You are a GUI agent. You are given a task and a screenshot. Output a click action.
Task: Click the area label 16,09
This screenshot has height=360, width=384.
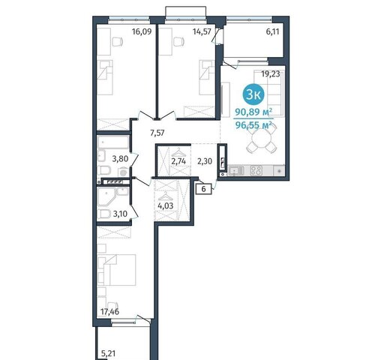[x=142, y=31]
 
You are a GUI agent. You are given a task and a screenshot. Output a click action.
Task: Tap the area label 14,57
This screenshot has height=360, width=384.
[x=202, y=31]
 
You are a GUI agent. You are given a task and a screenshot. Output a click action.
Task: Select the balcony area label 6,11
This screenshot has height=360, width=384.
[x=272, y=31]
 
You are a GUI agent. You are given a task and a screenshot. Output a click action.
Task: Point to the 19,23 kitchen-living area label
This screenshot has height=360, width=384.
[x=271, y=74]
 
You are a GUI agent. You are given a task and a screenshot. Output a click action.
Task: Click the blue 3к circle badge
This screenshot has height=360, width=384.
[x=253, y=95]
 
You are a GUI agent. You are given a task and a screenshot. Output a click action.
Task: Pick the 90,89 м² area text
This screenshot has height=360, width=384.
[x=253, y=112]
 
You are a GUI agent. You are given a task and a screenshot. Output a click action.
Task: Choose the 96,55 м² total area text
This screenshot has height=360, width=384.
[x=253, y=125]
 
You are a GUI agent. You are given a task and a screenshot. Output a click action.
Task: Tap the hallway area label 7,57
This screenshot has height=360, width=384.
[x=157, y=133]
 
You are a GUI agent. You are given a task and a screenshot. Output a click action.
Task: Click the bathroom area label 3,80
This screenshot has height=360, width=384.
[x=120, y=159]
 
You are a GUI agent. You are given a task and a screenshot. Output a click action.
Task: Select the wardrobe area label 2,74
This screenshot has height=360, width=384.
[x=178, y=161]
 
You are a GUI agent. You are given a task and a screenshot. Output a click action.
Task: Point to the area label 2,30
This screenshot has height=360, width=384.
[x=205, y=161]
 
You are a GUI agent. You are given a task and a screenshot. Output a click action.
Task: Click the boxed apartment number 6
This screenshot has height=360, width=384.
[x=204, y=189]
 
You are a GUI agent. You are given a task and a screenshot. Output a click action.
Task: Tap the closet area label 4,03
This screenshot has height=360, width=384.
[x=166, y=206]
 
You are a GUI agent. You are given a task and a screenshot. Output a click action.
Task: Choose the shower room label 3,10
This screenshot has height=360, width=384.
[x=120, y=214]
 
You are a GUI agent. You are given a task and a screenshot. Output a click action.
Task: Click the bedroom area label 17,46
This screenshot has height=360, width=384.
[x=109, y=312]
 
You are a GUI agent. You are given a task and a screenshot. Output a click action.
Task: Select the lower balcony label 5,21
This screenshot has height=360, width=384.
[x=109, y=353]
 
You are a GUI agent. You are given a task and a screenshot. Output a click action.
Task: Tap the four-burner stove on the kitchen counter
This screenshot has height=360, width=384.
[x=256, y=170]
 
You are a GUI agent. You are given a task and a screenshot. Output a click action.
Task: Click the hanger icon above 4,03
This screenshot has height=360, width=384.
[x=165, y=196]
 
